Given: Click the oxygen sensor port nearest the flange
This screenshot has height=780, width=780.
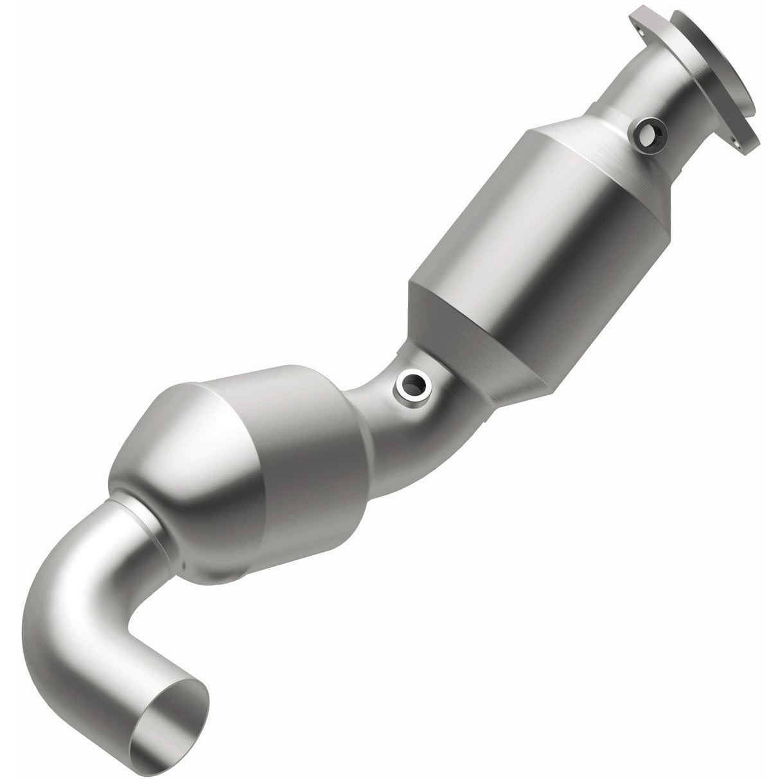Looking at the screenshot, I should pos(648,134).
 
